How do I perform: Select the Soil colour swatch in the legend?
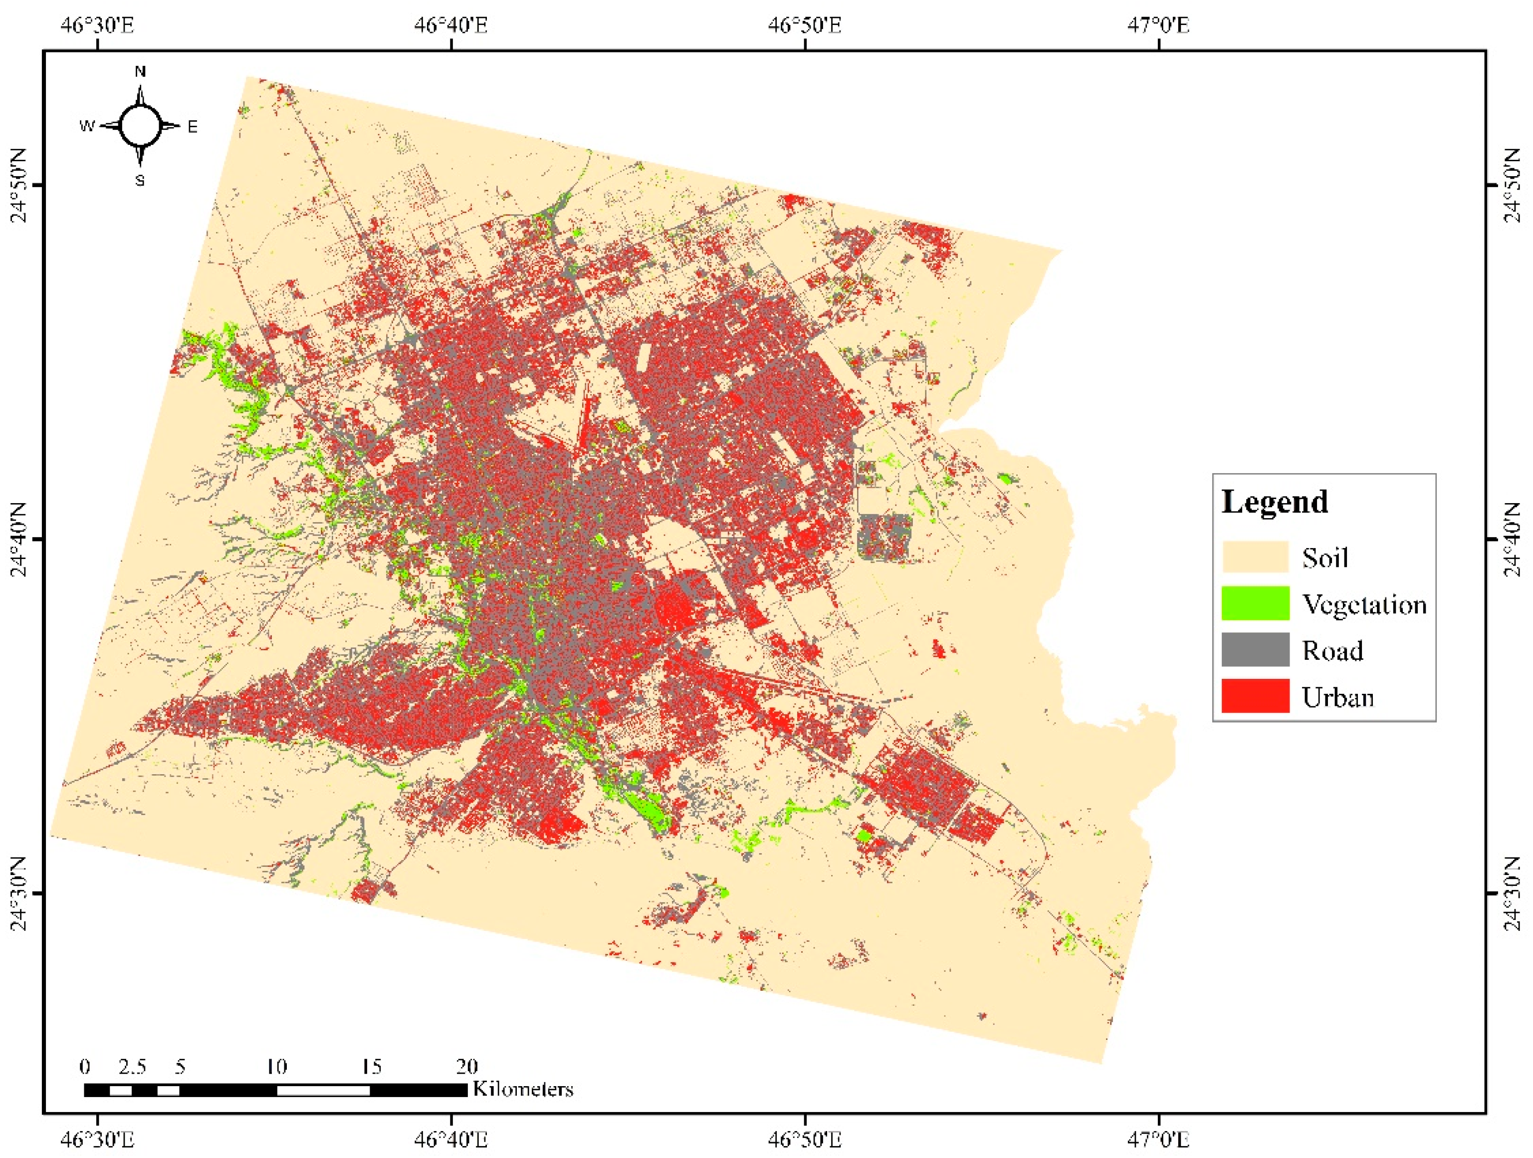[x=1255, y=558]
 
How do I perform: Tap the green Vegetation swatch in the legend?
[x=1255, y=603]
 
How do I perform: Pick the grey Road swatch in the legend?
[x=1255, y=650]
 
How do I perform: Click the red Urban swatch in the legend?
[x=1255, y=696]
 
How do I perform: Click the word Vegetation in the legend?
[x=1364, y=604]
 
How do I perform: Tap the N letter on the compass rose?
[x=140, y=71]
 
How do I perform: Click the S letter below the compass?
[x=140, y=181]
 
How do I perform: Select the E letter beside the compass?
[x=193, y=127]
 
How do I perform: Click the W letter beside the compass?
[x=87, y=126]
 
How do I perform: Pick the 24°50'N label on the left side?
[x=19, y=185]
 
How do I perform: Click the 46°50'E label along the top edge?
[x=805, y=25]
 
